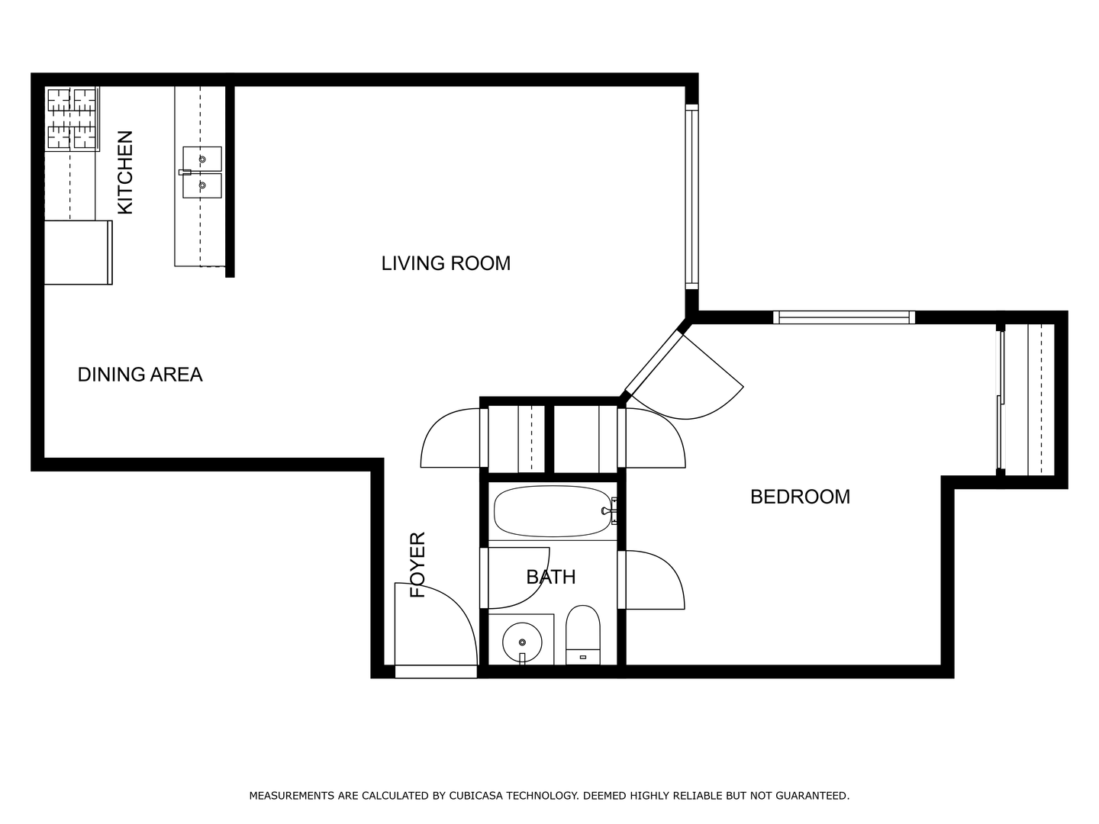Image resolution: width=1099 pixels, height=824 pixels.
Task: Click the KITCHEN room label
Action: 125,172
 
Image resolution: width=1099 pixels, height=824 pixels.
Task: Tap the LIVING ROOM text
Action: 446,264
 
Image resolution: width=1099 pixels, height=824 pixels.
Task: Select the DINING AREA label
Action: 140,375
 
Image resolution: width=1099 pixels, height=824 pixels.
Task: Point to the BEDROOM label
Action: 800,497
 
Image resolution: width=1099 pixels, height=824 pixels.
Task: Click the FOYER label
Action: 417,565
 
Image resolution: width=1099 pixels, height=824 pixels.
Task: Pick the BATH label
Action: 551,578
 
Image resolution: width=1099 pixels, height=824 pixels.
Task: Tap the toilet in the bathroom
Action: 583,635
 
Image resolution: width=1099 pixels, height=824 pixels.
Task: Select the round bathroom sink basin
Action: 522,642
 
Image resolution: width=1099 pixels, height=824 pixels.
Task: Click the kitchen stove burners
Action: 72,118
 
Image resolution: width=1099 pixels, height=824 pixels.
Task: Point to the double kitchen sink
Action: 201,172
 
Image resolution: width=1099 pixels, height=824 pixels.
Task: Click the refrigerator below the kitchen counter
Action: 78,253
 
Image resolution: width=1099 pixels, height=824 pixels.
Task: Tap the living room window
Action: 691,197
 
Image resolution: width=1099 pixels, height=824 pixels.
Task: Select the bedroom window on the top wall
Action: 844,317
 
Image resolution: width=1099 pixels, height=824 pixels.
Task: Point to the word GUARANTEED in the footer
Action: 812,796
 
